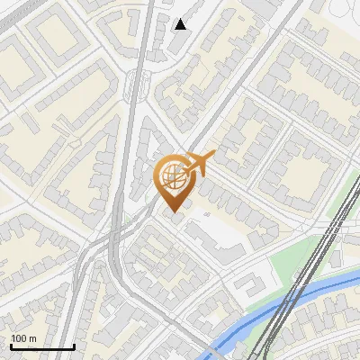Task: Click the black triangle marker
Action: pos(181,24)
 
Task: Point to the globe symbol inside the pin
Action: pos(174,177)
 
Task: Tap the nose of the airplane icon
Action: pos(212,157)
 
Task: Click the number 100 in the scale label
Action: pos(18,338)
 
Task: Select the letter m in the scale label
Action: pos(31,338)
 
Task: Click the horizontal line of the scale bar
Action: pos(42,346)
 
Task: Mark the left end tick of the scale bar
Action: pos(11,346)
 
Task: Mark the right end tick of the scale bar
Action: pos(74,346)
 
